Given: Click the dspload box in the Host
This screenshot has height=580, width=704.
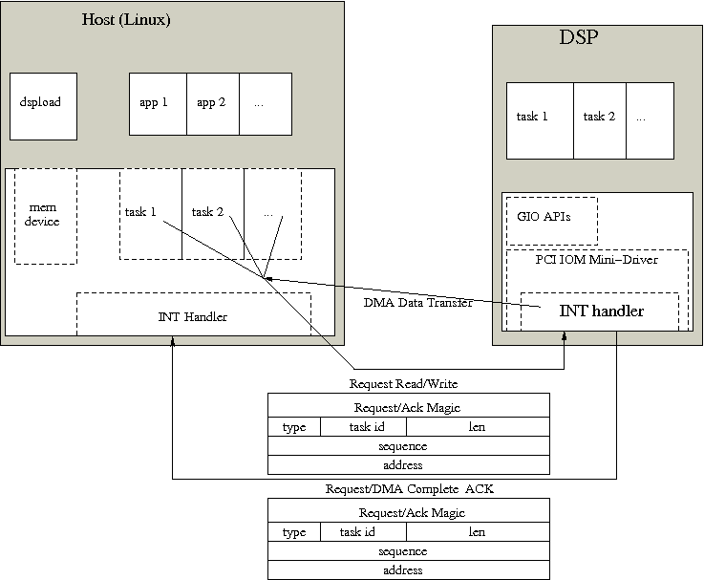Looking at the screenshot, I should [x=40, y=102].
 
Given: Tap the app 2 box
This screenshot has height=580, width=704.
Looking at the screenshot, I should [x=212, y=102].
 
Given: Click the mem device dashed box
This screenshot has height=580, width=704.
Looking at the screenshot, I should [x=45, y=217].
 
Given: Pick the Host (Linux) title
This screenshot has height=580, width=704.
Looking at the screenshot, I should [x=127, y=19].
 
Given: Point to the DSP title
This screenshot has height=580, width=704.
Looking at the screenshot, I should [x=579, y=39].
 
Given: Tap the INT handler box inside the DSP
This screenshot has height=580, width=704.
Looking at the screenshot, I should [x=601, y=311].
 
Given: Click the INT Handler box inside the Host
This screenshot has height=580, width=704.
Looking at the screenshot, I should [x=193, y=315].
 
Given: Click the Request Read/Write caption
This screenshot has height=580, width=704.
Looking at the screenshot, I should [x=408, y=384].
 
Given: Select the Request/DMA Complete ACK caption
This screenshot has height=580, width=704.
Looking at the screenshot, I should [x=408, y=489].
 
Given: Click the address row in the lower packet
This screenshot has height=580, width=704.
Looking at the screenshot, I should [x=408, y=569].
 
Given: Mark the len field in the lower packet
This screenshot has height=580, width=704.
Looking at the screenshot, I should [x=477, y=531].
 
